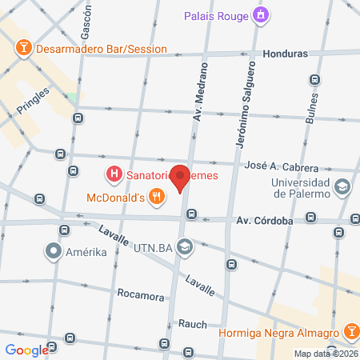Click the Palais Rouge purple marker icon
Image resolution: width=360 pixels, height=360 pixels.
[260, 14]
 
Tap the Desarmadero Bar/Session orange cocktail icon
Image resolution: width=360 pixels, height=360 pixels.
[25, 48]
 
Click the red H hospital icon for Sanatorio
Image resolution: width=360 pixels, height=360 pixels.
[114, 173]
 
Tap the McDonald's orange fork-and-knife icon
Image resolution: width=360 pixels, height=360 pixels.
[158, 194]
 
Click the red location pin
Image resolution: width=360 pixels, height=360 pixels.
[182, 178]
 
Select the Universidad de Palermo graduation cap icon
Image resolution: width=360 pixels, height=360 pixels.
[342, 187]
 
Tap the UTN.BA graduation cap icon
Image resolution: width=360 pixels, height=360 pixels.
[186, 246]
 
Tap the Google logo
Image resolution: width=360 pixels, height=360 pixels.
[26, 350]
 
